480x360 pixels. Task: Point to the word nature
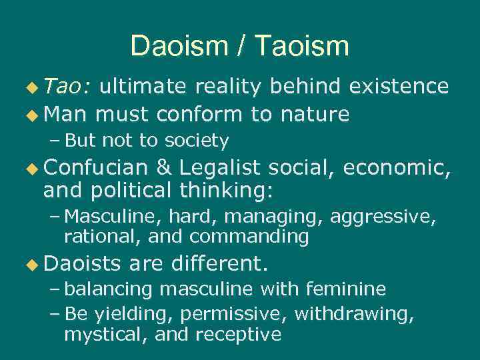pos(315,115)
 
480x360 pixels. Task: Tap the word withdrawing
pos(354,313)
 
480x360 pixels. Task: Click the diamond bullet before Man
pos(31,115)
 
